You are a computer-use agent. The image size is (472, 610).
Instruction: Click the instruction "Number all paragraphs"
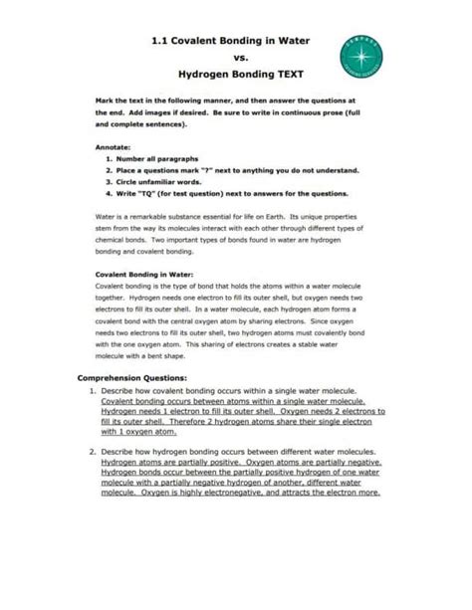click(164, 158)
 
